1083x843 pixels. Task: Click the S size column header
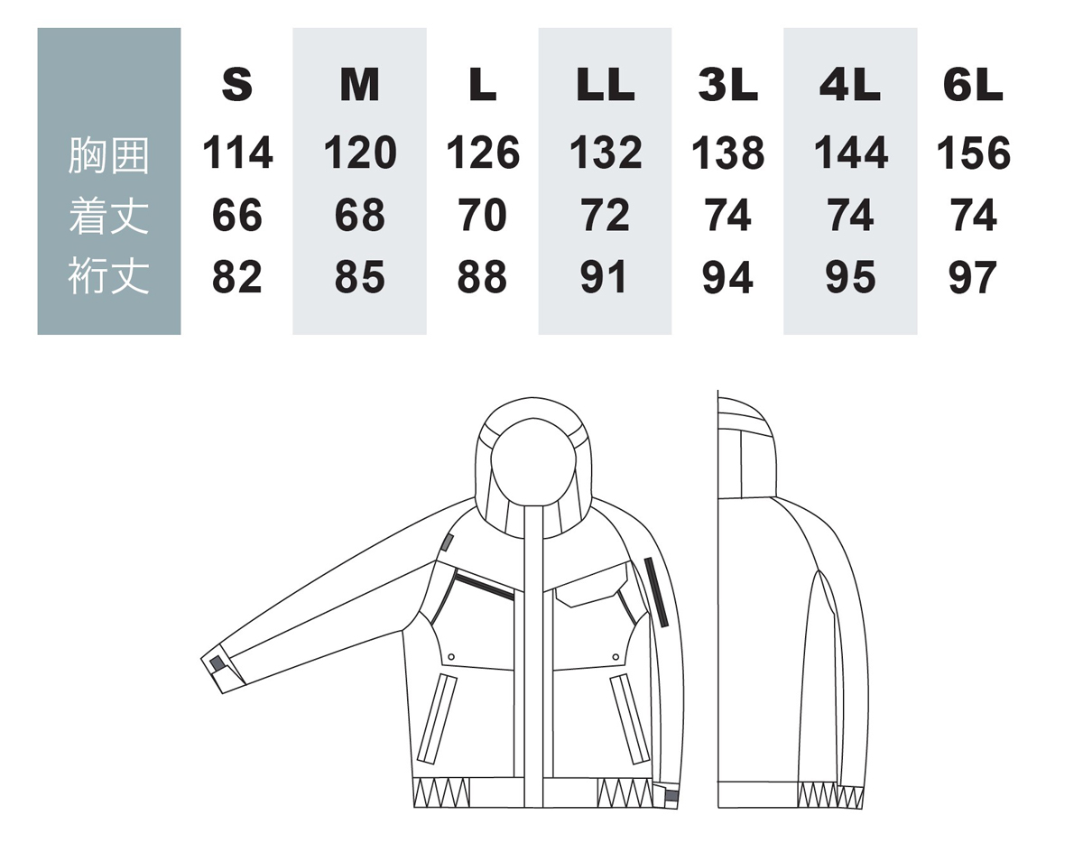point(236,85)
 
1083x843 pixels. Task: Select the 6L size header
point(973,85)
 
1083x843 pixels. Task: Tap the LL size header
point(605,85)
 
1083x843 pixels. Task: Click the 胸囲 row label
point(108,155)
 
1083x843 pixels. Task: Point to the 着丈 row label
point(108,216)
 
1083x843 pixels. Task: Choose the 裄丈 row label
point(108,276)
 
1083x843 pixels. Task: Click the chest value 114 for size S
point(237,153)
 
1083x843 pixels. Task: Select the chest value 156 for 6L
point(974,153)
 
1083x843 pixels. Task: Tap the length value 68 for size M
point(359,215)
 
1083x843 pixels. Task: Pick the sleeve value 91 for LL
point(604,276)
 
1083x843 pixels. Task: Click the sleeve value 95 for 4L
point(850,276)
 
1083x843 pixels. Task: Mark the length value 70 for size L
point(482,215)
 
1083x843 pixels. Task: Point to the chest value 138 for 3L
point(727,153)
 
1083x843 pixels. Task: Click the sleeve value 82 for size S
point(236,276)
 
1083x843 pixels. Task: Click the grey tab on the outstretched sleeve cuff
point(217,663)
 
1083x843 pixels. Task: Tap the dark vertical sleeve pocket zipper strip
point(656,592)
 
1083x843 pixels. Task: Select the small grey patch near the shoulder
point(448,542)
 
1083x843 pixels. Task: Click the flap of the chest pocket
point(592,586)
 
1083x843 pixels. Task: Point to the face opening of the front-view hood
point(533,461)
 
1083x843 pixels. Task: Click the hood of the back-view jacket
point(746,448)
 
